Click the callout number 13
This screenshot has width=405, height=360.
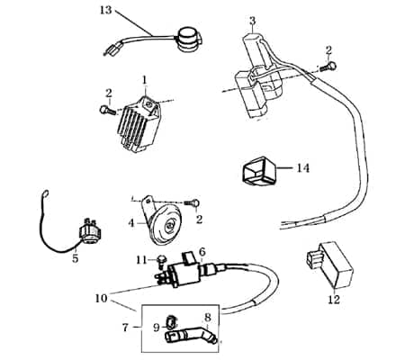tap(105, 10)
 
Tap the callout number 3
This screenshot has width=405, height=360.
tap(253, 21)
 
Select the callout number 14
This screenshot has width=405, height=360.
tap(303, 168)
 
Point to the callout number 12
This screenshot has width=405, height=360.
tap(334, 299)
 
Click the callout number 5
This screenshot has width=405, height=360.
tap(75, 258)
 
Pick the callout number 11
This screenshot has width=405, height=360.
tap(142, 260)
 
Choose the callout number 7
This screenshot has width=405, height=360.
tap(125, 328)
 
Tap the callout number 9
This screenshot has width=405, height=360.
tap(156, 328)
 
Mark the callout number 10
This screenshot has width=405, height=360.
tap(102, 299)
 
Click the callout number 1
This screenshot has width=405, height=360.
tap(145, 80)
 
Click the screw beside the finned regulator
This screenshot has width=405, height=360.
tap(107, 110)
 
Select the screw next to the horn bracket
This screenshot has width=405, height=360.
tap(193, 203)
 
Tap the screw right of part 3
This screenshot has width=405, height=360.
tap(328, 66)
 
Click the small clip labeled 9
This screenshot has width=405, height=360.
tap(172, 321)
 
